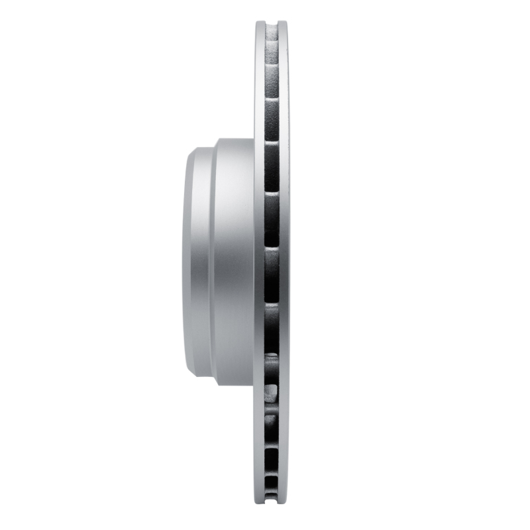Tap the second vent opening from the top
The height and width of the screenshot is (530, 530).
(272, 76)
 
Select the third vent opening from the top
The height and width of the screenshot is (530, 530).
(272, 120)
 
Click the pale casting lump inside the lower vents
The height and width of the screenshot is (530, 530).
(271, 392)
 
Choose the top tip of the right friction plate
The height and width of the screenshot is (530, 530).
(283, 24)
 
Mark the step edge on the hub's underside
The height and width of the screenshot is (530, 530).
(214, 384)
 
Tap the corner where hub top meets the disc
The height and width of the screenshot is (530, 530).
(254, 139)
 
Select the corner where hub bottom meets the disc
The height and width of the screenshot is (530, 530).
(254, 385)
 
